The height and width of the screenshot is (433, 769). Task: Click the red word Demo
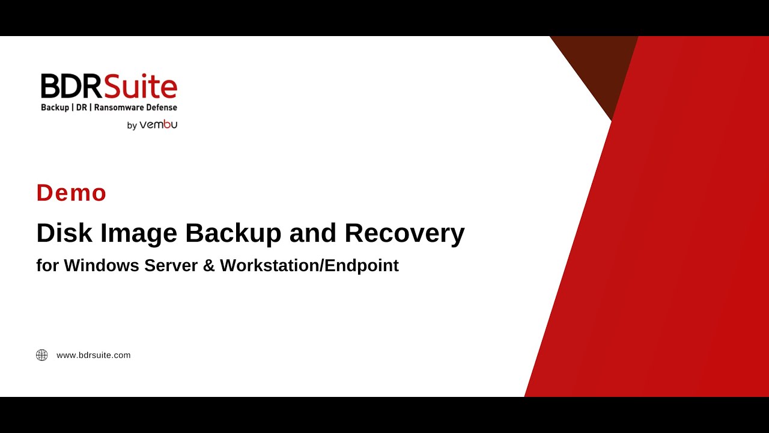pos(71,193)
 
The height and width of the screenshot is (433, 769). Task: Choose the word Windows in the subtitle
pos(102,266)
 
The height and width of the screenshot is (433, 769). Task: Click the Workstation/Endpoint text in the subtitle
pos(309,266)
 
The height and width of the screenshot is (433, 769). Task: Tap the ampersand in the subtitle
pos(208,266)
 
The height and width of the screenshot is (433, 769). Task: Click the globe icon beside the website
pos(42,355)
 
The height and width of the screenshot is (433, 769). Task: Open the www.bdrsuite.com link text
pos(93,355)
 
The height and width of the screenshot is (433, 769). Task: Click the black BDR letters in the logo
pos(71,87)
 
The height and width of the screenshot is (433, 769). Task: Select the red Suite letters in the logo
pos(140,87)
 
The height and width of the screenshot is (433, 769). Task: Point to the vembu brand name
pos(159,125)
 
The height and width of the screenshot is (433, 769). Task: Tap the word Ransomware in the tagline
pos(120,108)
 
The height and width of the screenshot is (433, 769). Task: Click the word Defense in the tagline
pos(162,108)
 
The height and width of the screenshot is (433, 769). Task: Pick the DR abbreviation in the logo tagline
pos(80,108)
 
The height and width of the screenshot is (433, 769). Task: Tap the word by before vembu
pos(132,126)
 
